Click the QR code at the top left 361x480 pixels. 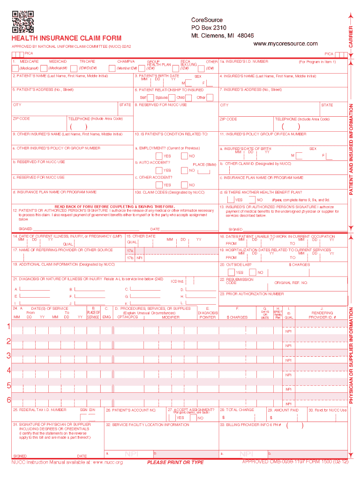(x=23, y=22)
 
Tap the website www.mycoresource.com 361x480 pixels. (x=285, y=44)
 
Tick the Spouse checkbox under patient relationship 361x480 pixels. (x=172, y=97)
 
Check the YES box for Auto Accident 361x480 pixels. (x=159, y=171)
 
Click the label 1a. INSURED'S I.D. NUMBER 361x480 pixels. (x=244, y=61)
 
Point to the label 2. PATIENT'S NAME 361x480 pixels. (x=60, y=75)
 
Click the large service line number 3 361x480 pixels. (x=8, y=356)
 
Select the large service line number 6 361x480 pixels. (x=8, y=400)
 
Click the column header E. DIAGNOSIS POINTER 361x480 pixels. (x=207, y=313)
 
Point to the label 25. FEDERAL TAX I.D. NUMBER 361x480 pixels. (x=40, y=410)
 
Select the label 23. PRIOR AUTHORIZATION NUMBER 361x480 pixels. (x=251, y=294)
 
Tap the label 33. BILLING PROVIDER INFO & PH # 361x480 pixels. (x=250, y=425)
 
